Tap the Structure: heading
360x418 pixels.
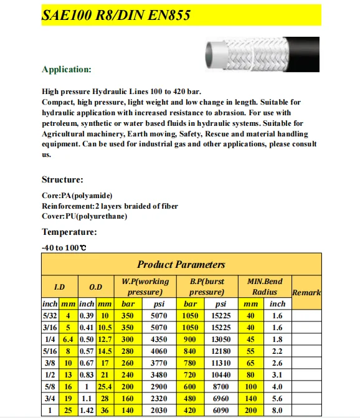(62, 179)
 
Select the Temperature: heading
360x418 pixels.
(69, 232)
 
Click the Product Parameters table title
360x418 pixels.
(181, 264)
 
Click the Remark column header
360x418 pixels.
(306, 292)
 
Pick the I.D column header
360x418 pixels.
(59, 287)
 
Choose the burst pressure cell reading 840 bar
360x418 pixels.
(189, 351)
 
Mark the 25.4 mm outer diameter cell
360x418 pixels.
(105, 386)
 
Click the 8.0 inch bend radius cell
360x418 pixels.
(277, 410)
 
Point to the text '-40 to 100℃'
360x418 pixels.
(64, 248)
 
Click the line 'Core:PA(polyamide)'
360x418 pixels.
(77, 196)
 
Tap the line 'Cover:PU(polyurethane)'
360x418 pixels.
(84, 216)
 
